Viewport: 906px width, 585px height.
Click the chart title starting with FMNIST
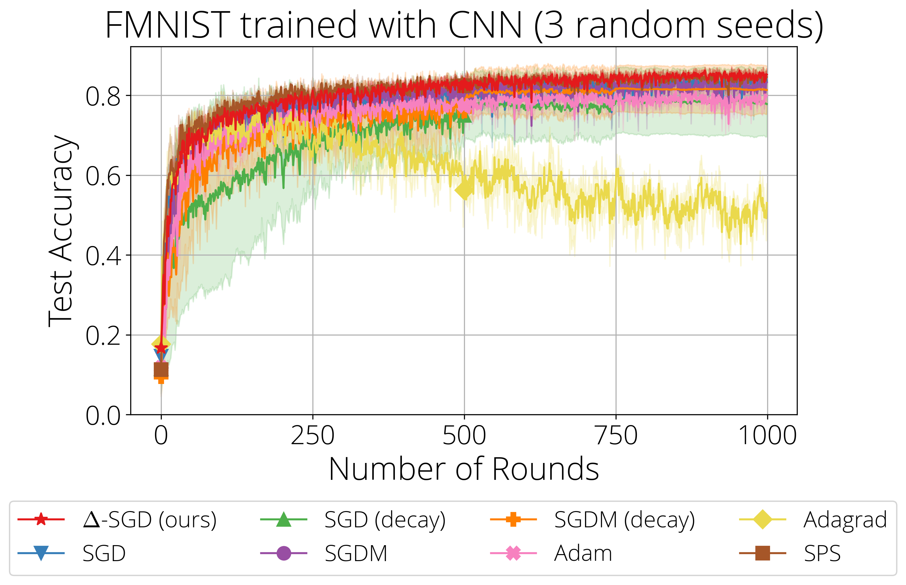click(464, 25)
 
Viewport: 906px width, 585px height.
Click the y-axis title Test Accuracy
click(61, 231)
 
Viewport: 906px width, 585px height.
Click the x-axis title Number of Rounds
click(464, 469)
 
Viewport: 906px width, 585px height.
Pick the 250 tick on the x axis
click(312, 435)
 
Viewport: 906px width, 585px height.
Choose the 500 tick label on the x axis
click(464, 435)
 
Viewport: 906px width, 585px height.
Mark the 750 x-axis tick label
click(616, 435)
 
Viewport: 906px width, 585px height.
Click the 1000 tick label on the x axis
click(767, 435)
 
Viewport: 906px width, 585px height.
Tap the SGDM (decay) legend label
click(624, 520)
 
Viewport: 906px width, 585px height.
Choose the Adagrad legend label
click(845, 520)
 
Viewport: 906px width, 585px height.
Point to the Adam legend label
click(583, 553)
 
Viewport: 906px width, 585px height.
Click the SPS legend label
click(822, 553)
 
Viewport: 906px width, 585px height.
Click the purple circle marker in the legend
click(283, 553)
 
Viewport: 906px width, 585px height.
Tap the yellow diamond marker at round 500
click(464, 191)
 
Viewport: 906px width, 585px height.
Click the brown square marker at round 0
click(161, 369)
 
